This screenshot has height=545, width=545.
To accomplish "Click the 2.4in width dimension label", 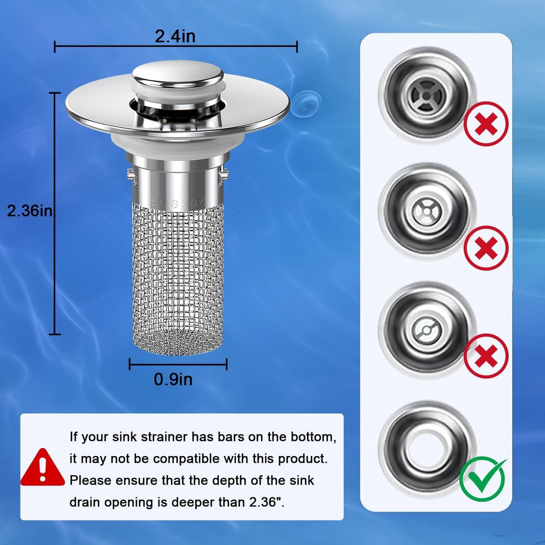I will (x=175, y=37).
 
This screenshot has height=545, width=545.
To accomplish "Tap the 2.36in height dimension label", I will (x=29, y=211).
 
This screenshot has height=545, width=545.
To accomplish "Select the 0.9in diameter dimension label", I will (x=173, y=379).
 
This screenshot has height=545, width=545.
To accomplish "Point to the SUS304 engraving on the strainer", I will (x=177, y=203).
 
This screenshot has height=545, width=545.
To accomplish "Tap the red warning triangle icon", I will (x=42, y=468).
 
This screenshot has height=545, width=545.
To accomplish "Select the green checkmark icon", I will (x=483, y=479).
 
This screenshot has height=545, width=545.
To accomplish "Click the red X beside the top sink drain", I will (x=486, y=124).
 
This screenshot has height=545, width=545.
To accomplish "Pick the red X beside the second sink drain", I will (x=486, y=248).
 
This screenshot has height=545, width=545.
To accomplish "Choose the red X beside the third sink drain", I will (x=486, y=356).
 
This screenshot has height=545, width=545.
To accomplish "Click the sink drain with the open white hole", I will (x=427, y=449).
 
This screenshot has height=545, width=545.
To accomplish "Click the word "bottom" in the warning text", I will (x=313, y=437).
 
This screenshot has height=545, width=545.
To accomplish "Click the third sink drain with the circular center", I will (x=427, y=330).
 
